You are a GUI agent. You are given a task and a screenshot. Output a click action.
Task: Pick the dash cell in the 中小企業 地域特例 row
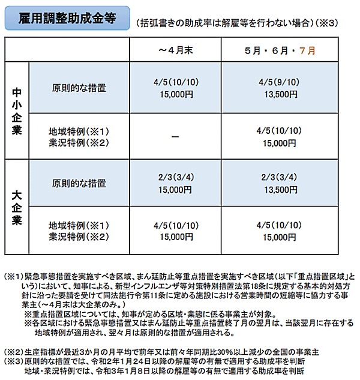tap(175, 136)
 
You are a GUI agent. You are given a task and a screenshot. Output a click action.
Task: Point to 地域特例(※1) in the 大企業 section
tap(79, 226)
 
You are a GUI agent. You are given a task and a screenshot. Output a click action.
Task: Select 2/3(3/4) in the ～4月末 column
tap(175, 178)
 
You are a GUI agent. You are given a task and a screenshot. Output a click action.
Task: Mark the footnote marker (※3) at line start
tap(13, 361)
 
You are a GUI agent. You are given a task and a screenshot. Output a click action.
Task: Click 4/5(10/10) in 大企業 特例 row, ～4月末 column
tap(175, 226)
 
